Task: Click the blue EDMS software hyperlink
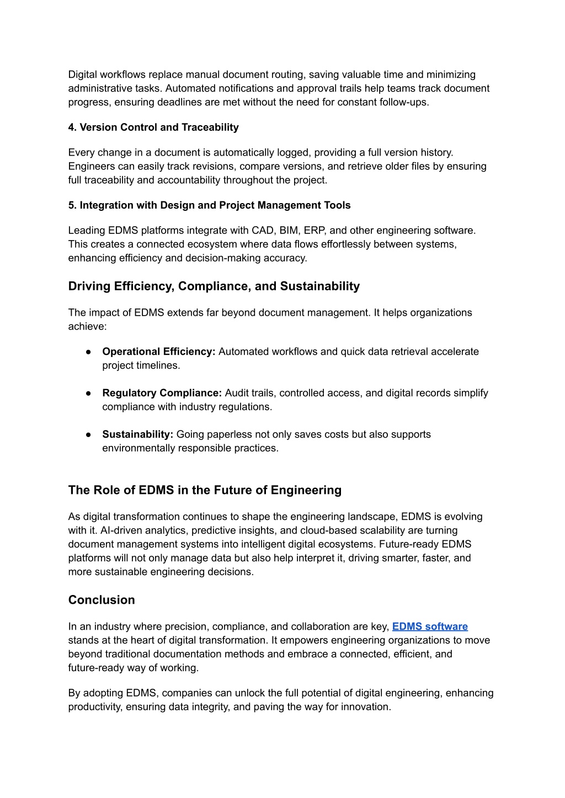pyautogui.click(x=430, y=626)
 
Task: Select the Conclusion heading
pyautogui.click(x=102, y=600)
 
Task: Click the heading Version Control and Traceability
pyautogui.click(x=153, y=127)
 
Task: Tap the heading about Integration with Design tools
pyautogui.click(x=209, y=205)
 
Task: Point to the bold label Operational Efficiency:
pyautogui.click(x=158, y=352)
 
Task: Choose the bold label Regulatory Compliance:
pyautogui.click(x=162, y=393)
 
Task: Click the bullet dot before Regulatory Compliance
pyautogui.click(x=88, y=393)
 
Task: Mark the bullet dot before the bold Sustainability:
pyautogui.click(x=88, y=434)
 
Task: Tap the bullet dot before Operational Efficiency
pyautogui.click(x=88, y=352)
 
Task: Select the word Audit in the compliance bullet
pyautogui.click(x=237, y=393)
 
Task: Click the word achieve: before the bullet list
pyautogui.click(x=87, y=326)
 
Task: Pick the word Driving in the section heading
pyautogui.click(x=89, y=286)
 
